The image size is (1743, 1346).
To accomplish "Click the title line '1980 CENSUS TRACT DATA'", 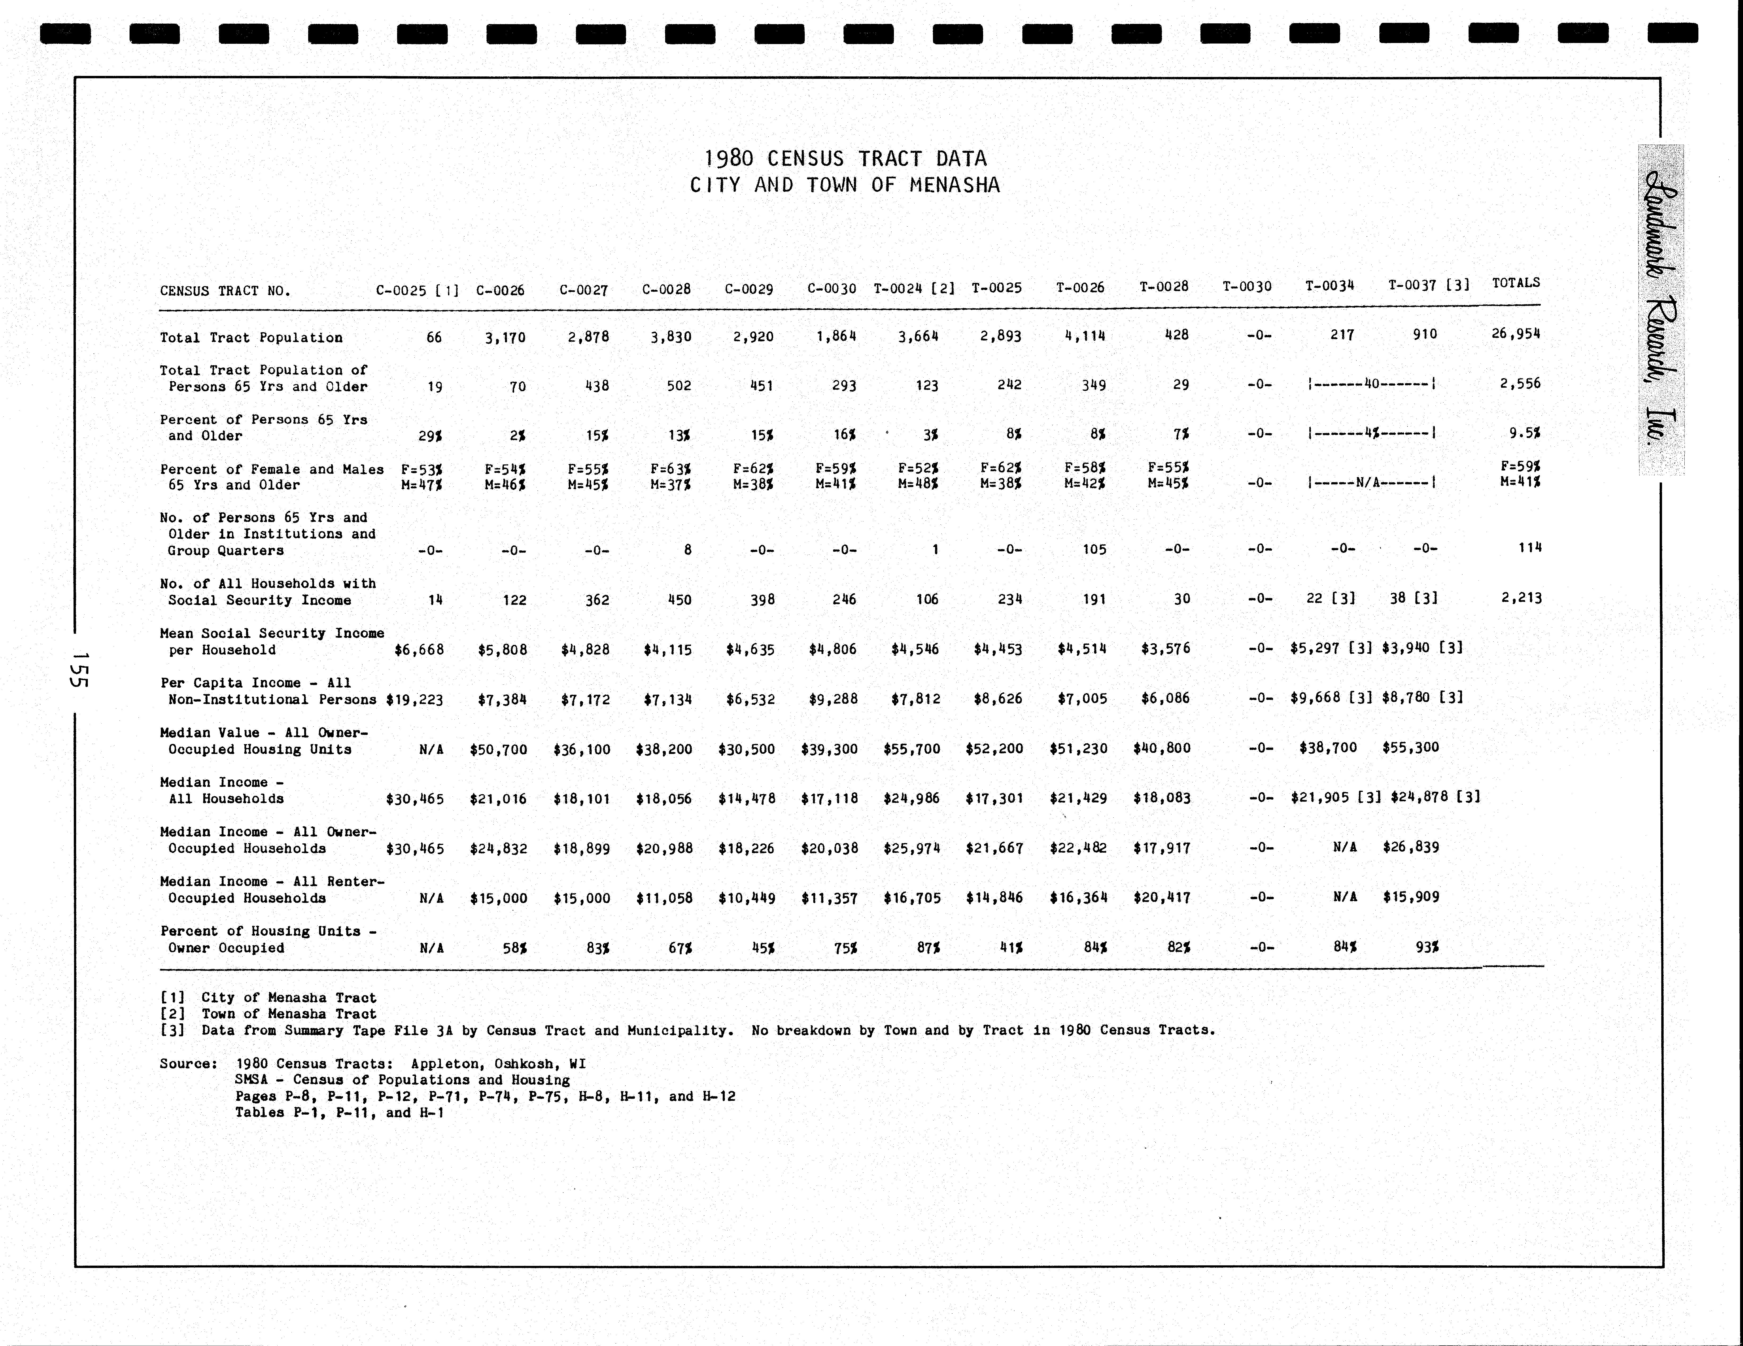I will click(x=845, y=159).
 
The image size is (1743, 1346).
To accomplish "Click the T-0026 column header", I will click(x=1080, y=287).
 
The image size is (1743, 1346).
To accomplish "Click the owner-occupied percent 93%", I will click(x=1427, y=947).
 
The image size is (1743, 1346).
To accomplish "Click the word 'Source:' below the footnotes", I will click(x=188, y=1064).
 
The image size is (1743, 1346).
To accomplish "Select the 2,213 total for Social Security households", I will click(x=1521, y=598).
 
